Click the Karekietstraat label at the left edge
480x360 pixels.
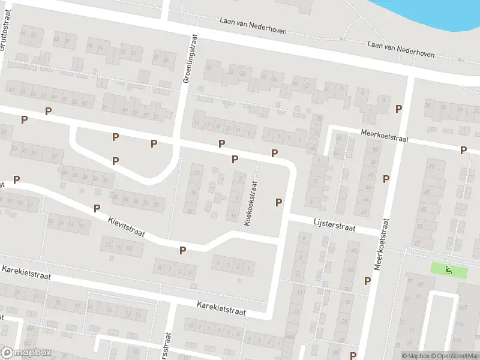pyautogui.click(x=25, y=273)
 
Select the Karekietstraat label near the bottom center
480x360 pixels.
pyautogui.click(x=221, y=309)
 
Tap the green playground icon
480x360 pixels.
pyautogui.click(x=449, y=270)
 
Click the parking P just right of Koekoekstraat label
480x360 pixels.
pyautogui.click(x=278, y=202)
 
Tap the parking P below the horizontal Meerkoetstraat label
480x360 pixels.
pyautogui.click(x=463, y=150)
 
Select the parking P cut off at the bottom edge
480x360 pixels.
pyautogui.click(x=353, y=356)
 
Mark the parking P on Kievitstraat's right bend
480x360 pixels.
pyautogui.click(x=183, y=250)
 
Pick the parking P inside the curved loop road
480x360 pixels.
pyautogui.click(x=115, y=160)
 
